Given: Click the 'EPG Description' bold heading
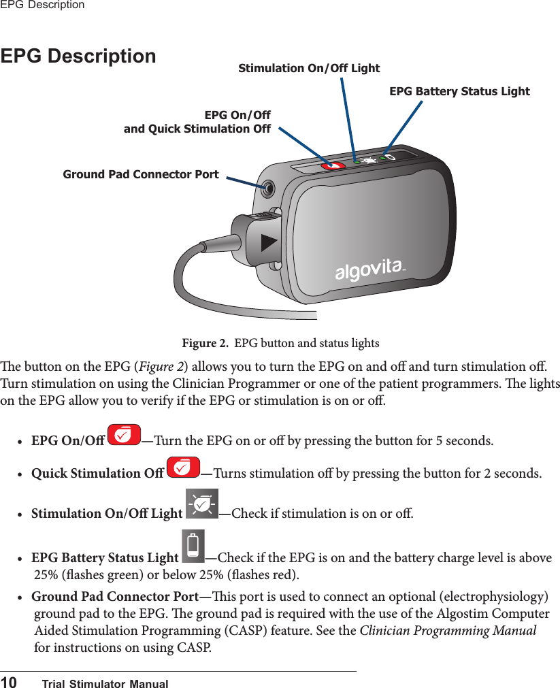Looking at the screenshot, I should (x=78, y=56).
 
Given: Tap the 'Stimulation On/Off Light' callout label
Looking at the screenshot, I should (x=309, y=68).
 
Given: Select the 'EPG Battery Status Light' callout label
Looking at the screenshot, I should (x=459, y=91).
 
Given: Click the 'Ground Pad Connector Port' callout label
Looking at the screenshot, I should (x=141, y=174).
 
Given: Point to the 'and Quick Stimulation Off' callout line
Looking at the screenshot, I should (x=197, y=129).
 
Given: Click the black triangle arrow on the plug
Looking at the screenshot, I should (x=269, y=242).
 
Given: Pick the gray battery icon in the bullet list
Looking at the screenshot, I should (x=194, y=546).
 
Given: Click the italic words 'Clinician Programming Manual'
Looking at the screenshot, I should (x=447, y=630).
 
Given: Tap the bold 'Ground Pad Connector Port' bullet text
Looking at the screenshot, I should (x=112, y=597).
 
